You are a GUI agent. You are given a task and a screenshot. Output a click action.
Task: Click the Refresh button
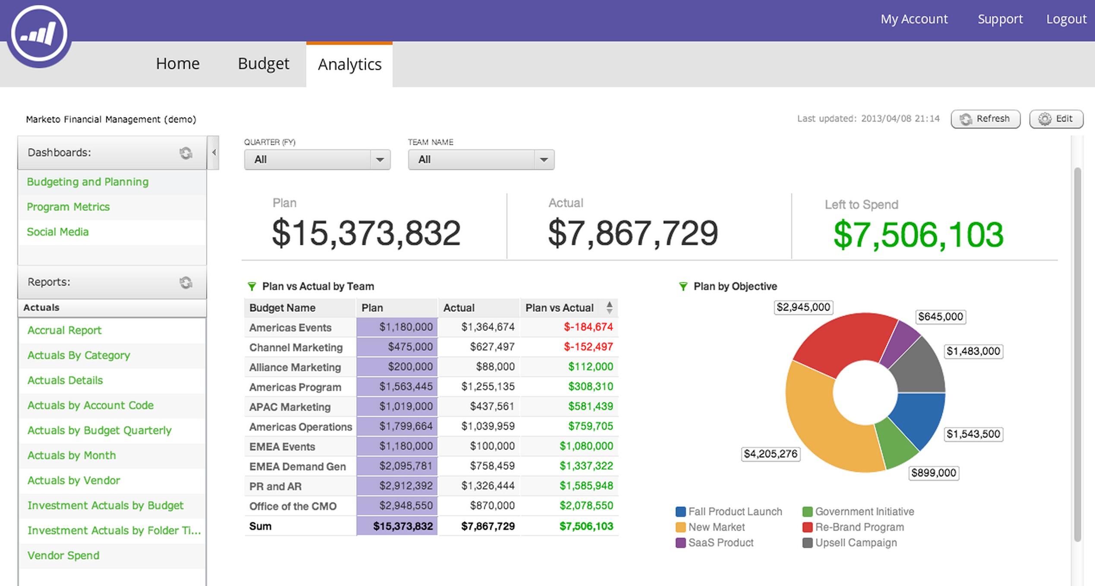pyautogui.click(x=985, y=119)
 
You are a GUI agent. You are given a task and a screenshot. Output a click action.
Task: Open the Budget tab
pyautogui.click(x=263, y=64)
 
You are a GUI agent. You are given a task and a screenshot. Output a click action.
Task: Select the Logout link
pyautogui.click(x=1066, y=19)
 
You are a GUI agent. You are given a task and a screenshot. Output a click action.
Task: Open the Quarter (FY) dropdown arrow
pyautogui.click(x=380, y=160)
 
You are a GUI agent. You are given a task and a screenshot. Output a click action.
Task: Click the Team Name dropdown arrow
pyautogui.click(x=544, y=160)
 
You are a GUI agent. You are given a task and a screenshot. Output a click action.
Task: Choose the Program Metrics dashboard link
pyautogui.click(x=68, y=207)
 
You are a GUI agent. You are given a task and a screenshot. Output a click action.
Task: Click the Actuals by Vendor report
pyautogui.click(x=74, y=480)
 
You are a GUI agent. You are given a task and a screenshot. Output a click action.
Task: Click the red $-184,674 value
pyautogui.click(x=588, y=327)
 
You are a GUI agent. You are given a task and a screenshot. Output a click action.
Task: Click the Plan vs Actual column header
pyautogui.click(x=559, y=308)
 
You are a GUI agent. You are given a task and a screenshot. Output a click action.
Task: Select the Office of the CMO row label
pyautogui.click(x=293, y=506)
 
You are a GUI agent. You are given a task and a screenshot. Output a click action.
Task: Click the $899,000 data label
pyautogui.click(x=933, y=473)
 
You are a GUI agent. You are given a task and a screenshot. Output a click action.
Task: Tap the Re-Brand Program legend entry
pyautogui.click(x=859, y=527)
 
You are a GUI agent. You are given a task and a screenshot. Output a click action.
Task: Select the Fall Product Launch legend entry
pyautogui.click(x=735, y=511)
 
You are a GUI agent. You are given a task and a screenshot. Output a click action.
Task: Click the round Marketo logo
pyautogui.click(x=39, y=34)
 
